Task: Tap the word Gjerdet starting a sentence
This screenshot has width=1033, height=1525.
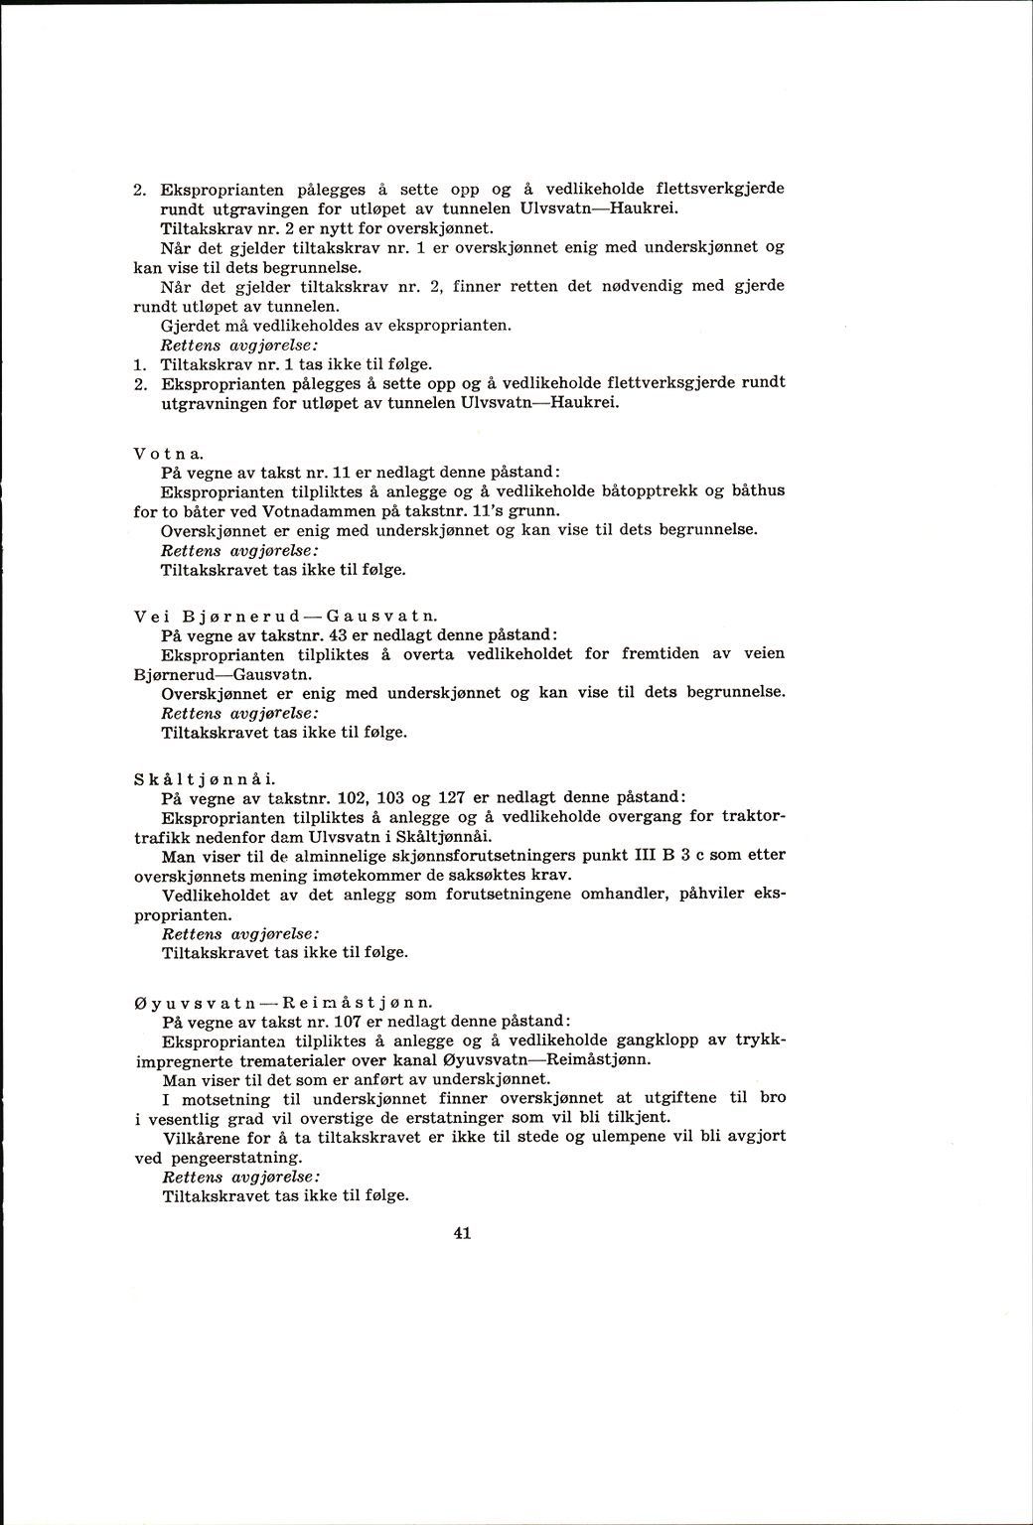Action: tap(189, 325)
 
